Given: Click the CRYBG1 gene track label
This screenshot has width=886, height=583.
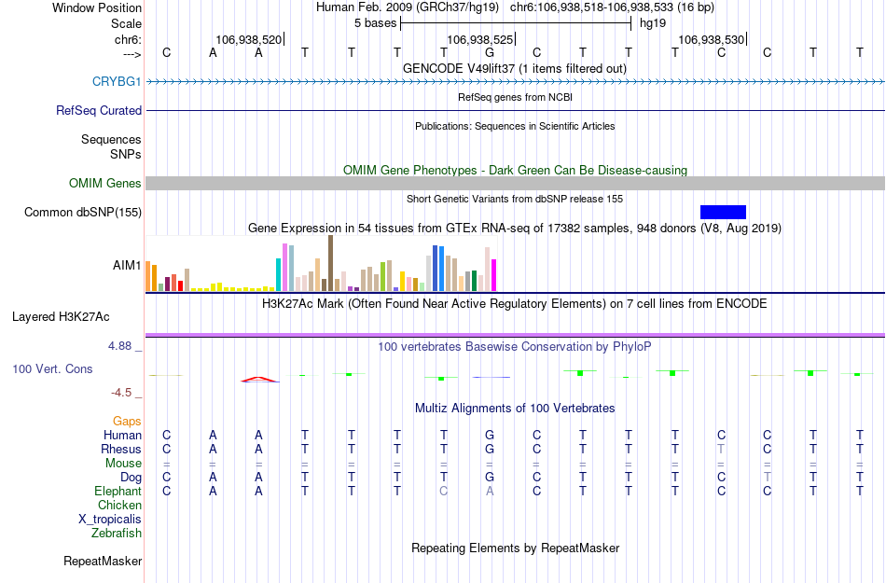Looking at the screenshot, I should point(117,82).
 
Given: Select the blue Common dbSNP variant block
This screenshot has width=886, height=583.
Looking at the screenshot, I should point(723,212).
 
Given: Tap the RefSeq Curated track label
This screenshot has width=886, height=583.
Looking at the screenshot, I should point(99,111).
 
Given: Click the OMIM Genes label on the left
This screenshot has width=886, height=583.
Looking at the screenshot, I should point(105,184).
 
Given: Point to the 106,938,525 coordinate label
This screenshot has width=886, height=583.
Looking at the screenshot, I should point(480,40).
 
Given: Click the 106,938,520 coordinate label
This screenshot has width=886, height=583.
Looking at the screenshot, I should point(248,40).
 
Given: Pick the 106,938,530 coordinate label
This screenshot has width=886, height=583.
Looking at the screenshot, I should point(712,40).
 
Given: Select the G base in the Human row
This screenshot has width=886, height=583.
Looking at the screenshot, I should point(490,435).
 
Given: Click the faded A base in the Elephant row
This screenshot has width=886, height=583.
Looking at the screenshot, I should point(490,491).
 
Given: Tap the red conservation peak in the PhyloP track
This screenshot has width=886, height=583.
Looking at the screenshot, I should point(259,379).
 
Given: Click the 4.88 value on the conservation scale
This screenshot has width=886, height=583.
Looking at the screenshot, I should point(125,346).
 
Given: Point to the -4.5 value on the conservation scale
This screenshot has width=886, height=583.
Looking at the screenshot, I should point(126,393).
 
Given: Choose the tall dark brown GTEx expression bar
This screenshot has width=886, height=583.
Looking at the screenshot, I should point(330,263).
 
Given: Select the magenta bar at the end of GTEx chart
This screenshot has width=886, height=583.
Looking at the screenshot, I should point(494,274).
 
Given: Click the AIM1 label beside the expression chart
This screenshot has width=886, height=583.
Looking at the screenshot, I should point(127,266).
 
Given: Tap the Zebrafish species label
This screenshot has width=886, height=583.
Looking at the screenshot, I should point(117,534).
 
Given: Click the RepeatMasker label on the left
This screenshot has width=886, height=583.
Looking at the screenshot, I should point(103,562).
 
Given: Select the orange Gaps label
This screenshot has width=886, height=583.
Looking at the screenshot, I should point(127,422).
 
